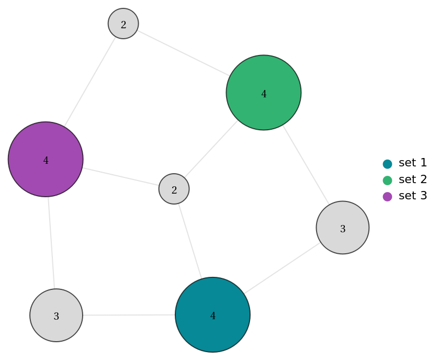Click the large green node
(x=263, y=93)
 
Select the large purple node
(x=46, y=159)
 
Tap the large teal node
(x=212, y=314)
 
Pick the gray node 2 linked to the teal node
(x=174, y=189)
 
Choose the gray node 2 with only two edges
(x=123, y=24)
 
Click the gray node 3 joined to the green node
(x=342, y=228)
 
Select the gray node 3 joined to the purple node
(x=56, y=315)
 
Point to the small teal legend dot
(x=387, y=164)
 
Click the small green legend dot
(x=387, y=181)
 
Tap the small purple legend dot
(x=387, y=197)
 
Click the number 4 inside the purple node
(x=46, y=161)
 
